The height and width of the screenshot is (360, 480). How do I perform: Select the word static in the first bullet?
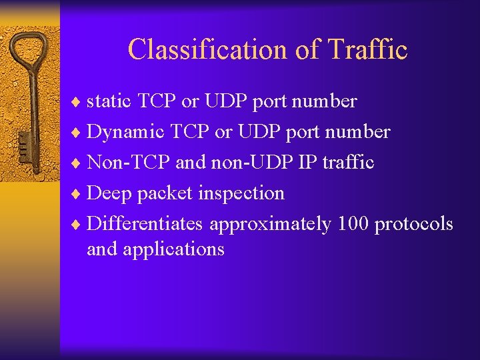pos(110,101)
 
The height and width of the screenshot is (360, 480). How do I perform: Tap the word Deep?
pos(109,193)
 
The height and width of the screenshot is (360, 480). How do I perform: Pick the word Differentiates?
pos(145,224)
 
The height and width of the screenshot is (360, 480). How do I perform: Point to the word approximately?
pos(270,225)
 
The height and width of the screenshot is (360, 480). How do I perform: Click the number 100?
pos(353,224)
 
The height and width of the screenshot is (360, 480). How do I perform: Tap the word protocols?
pos(413,224)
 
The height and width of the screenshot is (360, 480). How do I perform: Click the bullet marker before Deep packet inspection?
pos(79,194)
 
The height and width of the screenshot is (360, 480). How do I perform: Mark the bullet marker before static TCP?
pos(79,102)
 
